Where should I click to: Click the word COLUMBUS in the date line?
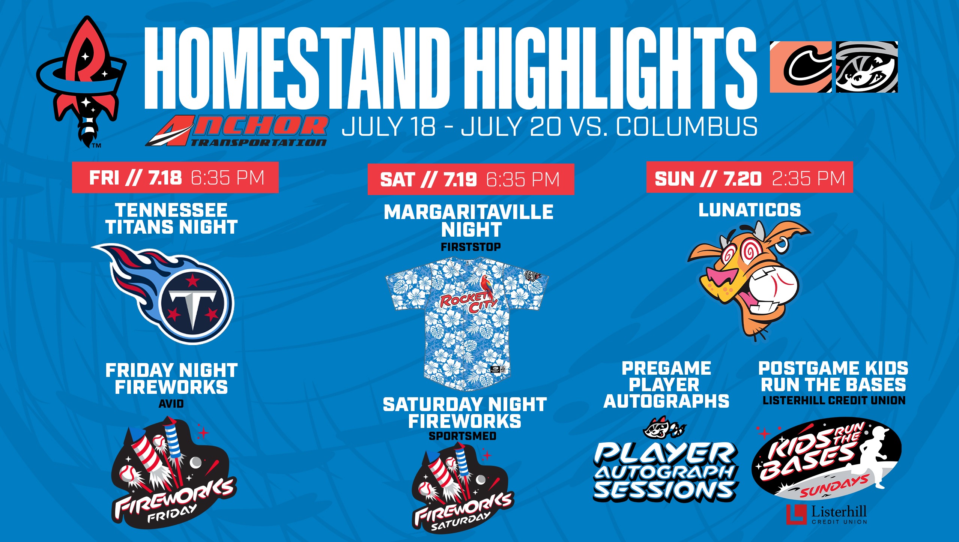pyautogui.click(x=686, y=126)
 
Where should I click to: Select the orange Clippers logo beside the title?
pyautogui.click(x=801, y=67)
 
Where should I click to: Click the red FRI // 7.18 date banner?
pyautogui.click(x=175, y=177)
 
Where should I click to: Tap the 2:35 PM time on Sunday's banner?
pyautogui.click(x=809, y=178)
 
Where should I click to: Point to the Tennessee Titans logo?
pyautogui.click(x=163, y=294)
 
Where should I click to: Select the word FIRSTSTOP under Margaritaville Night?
pyautogui.click(x=471, y=247)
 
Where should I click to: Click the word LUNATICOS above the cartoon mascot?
pyautogui.click(x=750, y=210)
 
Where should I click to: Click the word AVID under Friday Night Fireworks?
pyautogui.click(x=171, y=404)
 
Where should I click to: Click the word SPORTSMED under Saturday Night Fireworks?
pyautogui.click(x=463, y=436)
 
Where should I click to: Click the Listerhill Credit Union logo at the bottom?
pyautogui.click(x=827, y=514)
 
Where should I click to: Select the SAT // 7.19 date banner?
pyautogui.click(x=471, y=179)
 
